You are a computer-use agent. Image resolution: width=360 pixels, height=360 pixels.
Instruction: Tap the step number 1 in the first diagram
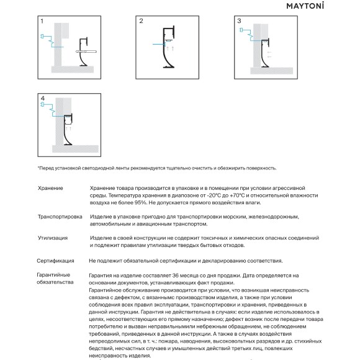tap(42, 21)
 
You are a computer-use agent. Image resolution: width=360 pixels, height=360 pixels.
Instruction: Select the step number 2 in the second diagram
tap(141, 21)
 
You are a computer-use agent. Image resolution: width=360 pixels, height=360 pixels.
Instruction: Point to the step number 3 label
tap(240, 21)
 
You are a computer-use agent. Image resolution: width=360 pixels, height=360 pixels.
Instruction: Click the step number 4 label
tap(42, 99)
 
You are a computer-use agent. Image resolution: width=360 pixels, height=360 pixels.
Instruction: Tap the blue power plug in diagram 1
tap(43, 37)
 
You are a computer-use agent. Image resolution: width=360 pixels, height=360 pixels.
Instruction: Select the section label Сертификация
tap(55, 261)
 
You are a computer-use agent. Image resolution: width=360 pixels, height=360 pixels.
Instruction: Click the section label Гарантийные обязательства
tap(54, 278)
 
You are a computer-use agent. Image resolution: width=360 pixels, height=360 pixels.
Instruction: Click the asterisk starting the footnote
tap(38, 168)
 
